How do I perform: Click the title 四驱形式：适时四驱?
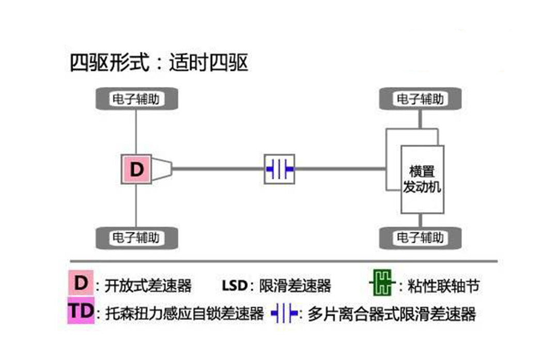coord(159,63)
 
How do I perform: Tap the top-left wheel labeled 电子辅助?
coord(136,99)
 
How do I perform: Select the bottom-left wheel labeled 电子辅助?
coord(136,238)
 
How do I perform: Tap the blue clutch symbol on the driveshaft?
coord(280,169)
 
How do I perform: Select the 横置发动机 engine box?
coord(422,179)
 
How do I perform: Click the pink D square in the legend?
coord(81,283)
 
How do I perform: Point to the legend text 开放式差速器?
coord(148,285)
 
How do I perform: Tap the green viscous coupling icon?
coord(380,283)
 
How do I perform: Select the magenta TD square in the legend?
coord(81,311)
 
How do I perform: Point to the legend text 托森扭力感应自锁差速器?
coord(184,313)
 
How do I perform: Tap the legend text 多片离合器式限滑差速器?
coord(391,313)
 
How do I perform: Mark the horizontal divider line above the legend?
coord(283,261)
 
